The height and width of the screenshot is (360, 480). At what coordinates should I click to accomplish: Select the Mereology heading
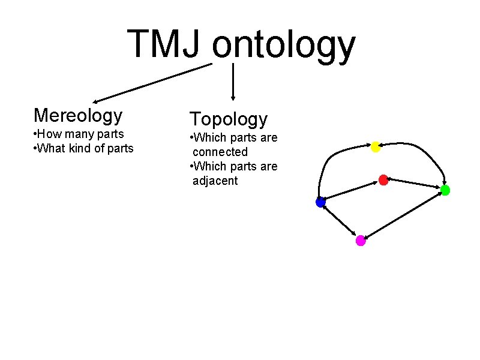78,115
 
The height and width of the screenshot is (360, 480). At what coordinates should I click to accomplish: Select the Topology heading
228,119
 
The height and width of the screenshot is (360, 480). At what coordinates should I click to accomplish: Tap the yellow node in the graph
375,146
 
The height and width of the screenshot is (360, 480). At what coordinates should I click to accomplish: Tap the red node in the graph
383,179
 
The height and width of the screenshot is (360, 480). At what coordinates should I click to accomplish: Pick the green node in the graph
445,190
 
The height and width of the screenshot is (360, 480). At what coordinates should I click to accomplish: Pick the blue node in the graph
320,202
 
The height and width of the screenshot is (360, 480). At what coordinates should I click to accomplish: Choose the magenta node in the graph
361,241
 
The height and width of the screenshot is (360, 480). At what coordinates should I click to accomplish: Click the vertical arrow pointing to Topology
233,81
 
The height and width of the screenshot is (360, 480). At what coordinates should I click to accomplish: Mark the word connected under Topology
220,152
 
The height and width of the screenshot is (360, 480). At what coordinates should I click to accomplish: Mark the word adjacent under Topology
215,181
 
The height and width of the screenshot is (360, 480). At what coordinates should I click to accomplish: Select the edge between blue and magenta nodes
340,221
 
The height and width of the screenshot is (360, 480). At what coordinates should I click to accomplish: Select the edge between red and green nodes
414,185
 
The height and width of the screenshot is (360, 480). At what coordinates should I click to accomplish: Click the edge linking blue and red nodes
352,191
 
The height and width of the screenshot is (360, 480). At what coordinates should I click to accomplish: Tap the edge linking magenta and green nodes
403,215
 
